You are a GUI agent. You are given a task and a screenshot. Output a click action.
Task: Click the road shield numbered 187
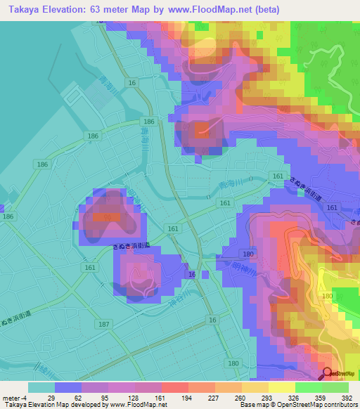[105, 323]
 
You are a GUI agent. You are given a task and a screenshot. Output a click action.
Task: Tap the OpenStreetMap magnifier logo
[328, 373]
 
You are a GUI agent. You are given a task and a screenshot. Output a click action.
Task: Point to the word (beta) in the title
[264, 10]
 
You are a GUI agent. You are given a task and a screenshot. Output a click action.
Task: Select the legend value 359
[300, 397]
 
